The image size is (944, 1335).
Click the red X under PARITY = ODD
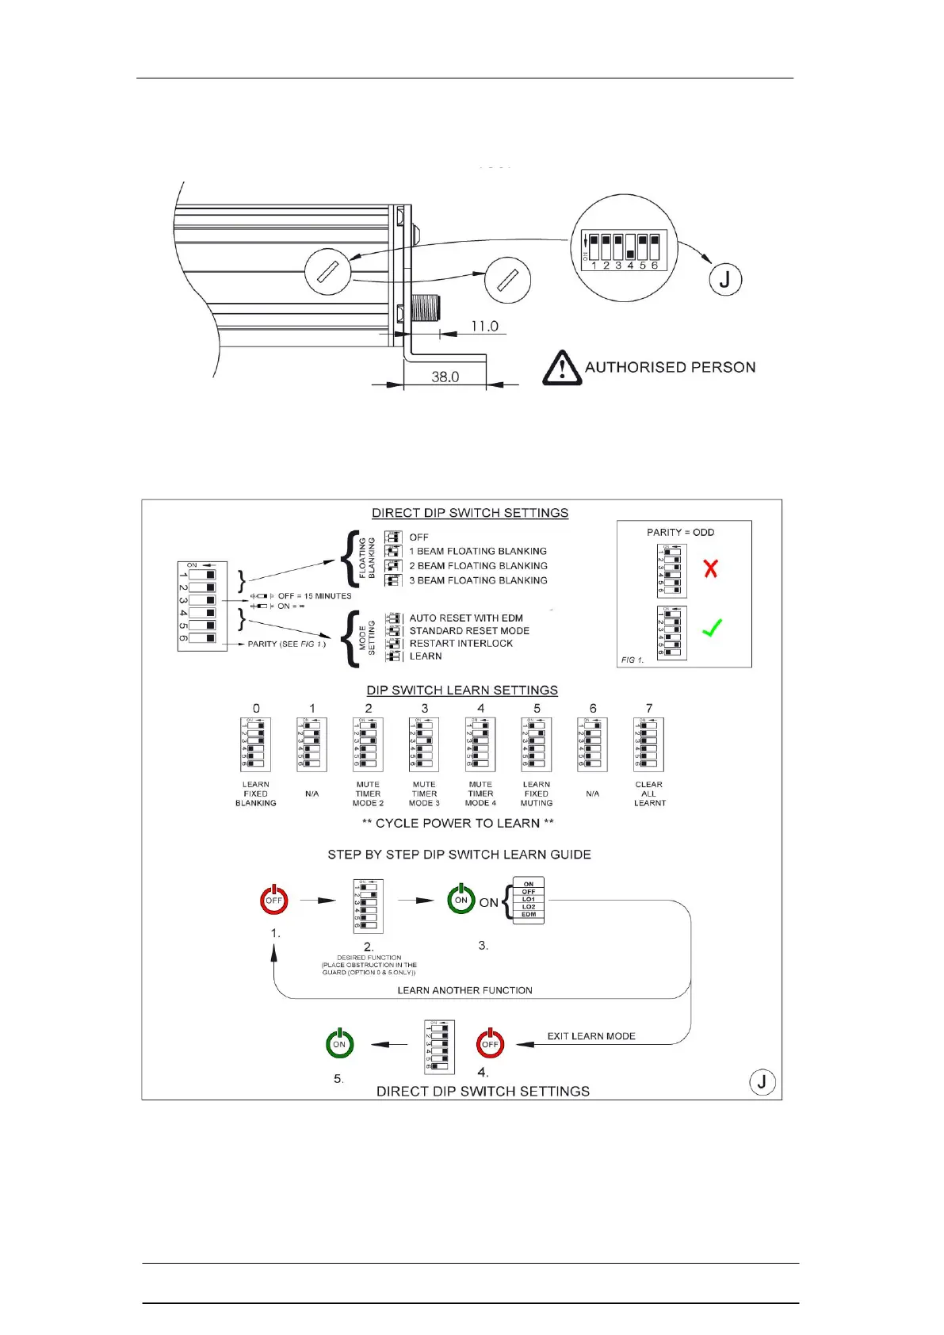click(x=711, y=568)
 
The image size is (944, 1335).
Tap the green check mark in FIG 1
click(x=712, y=628)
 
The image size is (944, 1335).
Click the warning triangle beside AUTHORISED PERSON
click(x=562, y=368)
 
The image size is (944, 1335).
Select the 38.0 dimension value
click(x=445, y=377)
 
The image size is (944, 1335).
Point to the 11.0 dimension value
click(x=484, y=326)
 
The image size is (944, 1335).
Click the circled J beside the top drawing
click(x=725, y=279)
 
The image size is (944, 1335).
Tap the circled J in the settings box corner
click(x=762, y=1082)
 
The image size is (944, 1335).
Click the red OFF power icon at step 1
click(x=274, y=900)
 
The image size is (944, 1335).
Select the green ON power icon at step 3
click(x=461, y=900)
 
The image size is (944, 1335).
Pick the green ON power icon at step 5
click(x=339, y=1044)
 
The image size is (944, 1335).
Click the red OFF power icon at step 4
click(x=490, y=1044)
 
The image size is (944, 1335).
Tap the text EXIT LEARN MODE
click(x=591, y=1036)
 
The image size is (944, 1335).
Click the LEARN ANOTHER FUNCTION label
click(x=464, y=990)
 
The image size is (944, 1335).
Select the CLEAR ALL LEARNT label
click(x=649, y=794)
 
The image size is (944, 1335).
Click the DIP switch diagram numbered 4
click(x=480, y=744)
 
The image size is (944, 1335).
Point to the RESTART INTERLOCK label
click(x=461, y=643)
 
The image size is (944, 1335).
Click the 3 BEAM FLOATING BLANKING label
click(x=478, y=580)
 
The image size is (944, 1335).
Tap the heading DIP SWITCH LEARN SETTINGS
click(x=462, y=690)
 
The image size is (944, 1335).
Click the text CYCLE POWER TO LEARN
click(x=457, y=823)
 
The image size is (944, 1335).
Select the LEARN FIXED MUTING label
click(x=537, y=794)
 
